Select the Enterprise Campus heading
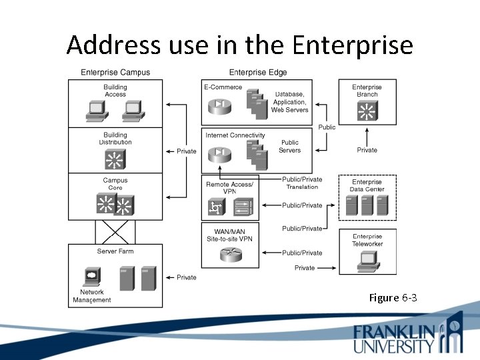[x=115, y=73]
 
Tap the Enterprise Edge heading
[x=258, y=73]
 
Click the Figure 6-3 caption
[x=393, y=297]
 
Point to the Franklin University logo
[x=407, y=336]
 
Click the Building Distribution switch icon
[x=115, y=159]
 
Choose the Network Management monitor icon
[x=91, y=275]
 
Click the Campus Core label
[x=115, y=184]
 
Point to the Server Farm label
[x=115, y=251]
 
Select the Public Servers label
[x=290, y=146]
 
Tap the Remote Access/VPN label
[x=230, y=187]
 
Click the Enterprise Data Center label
[x=367, y=185]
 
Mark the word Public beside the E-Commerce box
[x=327, y=127]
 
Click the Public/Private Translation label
[x=302, y=183]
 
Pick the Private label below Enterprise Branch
[x=367, y=150]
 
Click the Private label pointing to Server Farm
[x=187, y=277]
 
